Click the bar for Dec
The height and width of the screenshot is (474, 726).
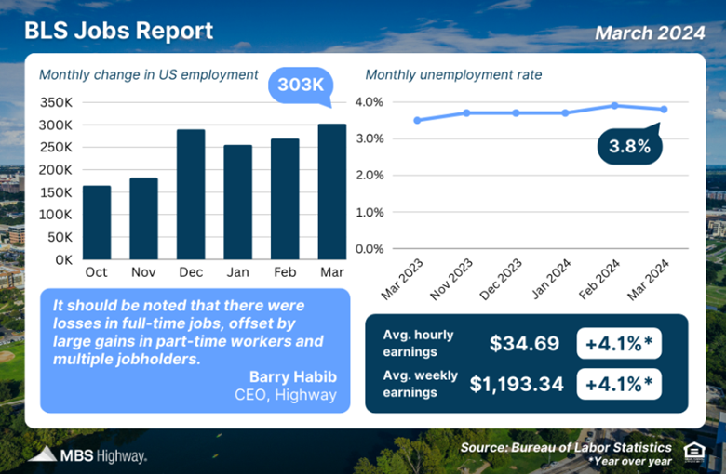pyautogui.click(x=192, y=194)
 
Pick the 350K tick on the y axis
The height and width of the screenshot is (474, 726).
pyautogui.click(x=56, y=102)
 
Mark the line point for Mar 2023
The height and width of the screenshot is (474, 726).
pyautogui.click(x=418, y=120)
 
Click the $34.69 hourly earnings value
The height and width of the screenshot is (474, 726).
pyautogui.click(x=525, y=343)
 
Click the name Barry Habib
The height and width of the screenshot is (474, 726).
pyautogui.click(x=292, y=375)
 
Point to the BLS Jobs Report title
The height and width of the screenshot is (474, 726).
pyautogui.click(x=118, y=32)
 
